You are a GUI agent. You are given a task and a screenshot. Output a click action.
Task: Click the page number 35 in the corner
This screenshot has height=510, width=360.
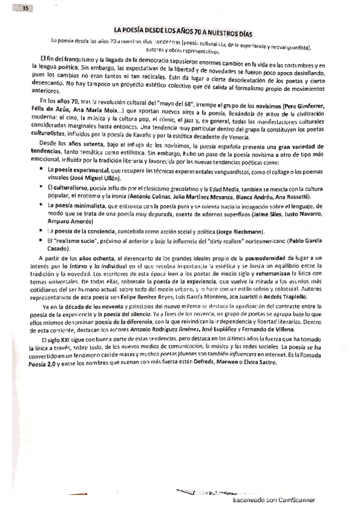pyautogui.click(x=25, y=8)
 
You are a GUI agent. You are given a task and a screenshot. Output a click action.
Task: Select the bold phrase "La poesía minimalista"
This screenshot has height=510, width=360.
pyautogui.click(x=79, y=206)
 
